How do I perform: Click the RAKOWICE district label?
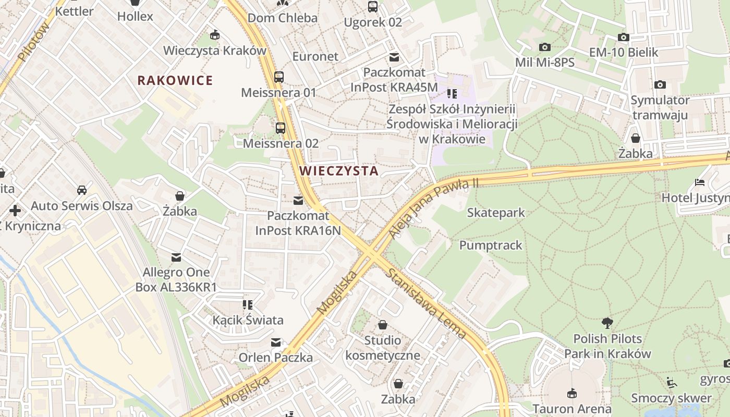pyautogui.click(x=175, y=80)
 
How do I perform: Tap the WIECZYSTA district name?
pyautogui.click(x=338, y=171)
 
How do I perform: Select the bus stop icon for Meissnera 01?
pyautogui.click(x=279, y=77)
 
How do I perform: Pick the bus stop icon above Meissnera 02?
pyautogui.click(x=281, y=128)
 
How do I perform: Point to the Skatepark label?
pyautogui.click(x=495, y=213)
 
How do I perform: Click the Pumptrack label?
pyautogui.click(x=490, y=246)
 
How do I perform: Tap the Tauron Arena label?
pyautogui.click(x=572, y=408)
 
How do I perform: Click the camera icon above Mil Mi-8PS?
pyautogui.click(x=544, y=47)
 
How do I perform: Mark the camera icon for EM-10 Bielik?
pyautogui.click(x=623, y=38)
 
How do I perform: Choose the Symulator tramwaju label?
pyautogui.click(x=660, y=107)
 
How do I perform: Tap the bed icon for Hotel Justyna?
pyautogui.click(x=700, y=183)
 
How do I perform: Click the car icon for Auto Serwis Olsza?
pyautogui.click(x=82, y=190)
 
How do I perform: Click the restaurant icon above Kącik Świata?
pyautogui.click(x=248, y=304)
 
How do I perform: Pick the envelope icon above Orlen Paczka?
pyautogui.click(x=275, y=342)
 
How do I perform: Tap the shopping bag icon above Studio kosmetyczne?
pyautogui.click(x=383, y=325)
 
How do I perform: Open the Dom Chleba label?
pyautogui.click(x=282, y=18)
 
